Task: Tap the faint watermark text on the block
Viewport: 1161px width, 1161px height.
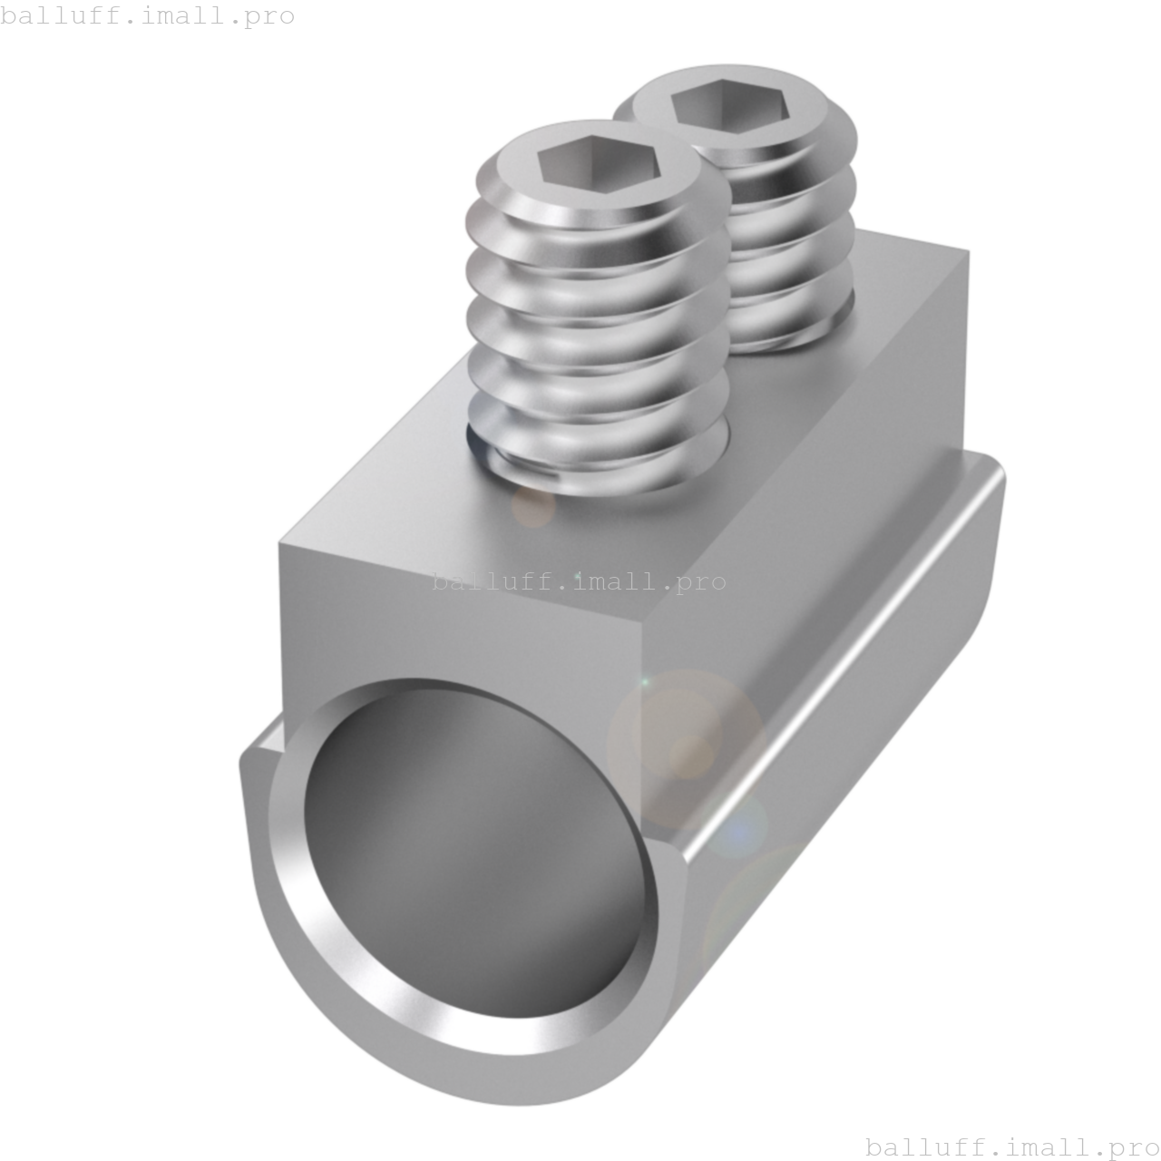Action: (579, 580)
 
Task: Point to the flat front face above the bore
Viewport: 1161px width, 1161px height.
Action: (454, 626)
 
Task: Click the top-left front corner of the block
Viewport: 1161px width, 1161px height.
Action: (281, 544)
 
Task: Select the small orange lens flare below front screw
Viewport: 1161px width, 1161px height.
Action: (533, 505)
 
